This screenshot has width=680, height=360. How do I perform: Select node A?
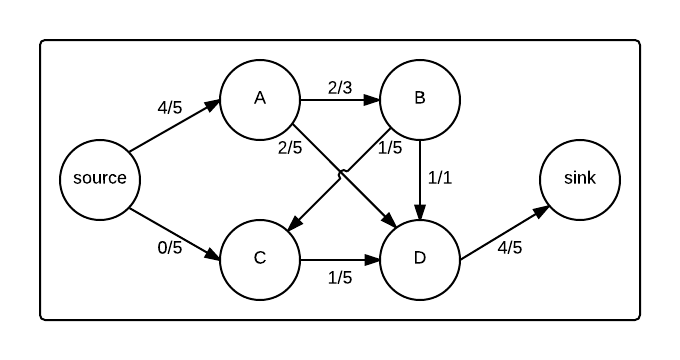260,99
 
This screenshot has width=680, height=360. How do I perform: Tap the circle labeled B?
420,99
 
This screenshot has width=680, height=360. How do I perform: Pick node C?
260,258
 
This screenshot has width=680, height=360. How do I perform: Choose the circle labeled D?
420,258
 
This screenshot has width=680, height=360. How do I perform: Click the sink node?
580,179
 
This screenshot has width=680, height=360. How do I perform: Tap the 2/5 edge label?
291,148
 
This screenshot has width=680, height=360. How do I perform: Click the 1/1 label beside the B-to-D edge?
440,177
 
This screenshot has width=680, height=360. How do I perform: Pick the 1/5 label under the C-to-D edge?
340,277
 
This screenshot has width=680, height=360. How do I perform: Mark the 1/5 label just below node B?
391,147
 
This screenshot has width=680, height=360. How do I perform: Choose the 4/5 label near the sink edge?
510,247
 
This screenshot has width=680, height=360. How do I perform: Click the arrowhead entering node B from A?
373,99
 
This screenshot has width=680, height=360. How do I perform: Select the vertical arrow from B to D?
420,179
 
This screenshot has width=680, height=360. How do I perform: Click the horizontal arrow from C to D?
340,259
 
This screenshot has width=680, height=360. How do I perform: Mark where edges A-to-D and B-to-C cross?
341,174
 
